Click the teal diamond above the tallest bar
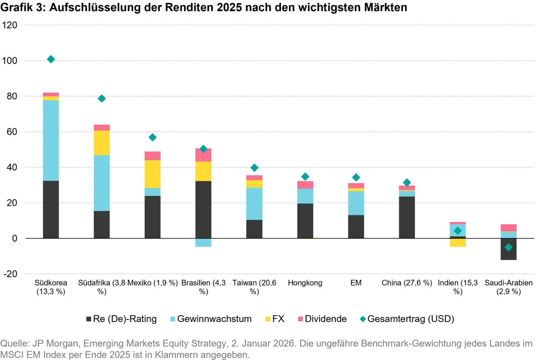(x=51, y=59)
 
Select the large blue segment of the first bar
(x=51, y=140)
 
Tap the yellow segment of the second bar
(x=102, y=143)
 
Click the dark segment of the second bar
(x=102, y=224)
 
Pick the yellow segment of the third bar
(x=153, y=174)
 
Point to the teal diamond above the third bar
(x=153, y=137)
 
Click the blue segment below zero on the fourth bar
(x=203, y=244)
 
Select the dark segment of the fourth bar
(x=203, y=209)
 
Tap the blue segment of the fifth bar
(x=253, y=203)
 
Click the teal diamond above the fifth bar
(x=254, y=167)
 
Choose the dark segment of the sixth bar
(x=305, y=220)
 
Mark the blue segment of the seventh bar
(x=356, y=203)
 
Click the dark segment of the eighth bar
(x=407, y=217)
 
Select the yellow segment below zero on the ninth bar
(x=458, y=244)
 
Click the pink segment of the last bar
(x=508, y=227)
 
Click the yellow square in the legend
(x=268, y=319)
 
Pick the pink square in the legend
(x=301, y=319)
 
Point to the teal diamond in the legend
(x=363, y=319)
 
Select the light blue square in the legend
(x=173, y=319)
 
